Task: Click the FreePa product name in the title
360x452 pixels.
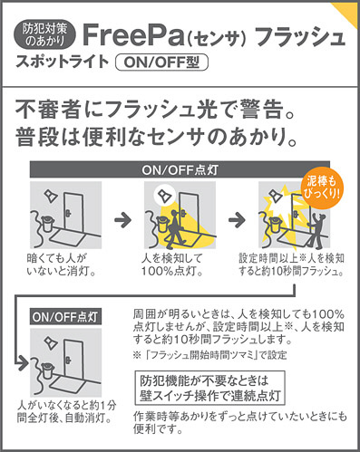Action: click(133, 35)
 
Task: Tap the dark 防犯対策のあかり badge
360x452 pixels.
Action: click(44, 35)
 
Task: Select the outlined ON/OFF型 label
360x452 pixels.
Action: click(162, 63)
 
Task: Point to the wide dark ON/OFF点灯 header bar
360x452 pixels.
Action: click(180, 169)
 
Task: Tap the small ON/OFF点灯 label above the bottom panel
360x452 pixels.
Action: click(65, 317)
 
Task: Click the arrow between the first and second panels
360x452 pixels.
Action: click(122, 219)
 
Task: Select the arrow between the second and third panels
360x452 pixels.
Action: click(237, 219)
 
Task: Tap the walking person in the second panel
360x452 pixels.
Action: click(174, 227)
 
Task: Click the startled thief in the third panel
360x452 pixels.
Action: click(316, 228)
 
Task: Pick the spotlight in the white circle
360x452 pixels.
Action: click(165, 195)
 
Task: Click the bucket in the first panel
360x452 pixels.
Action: click(48, 224)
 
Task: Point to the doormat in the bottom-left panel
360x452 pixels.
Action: click(67, 384)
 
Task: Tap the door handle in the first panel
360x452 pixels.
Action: click(69, 214)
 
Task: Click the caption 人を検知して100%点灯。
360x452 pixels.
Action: click(172, 264)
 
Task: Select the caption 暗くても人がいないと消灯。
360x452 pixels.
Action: click(62, 264)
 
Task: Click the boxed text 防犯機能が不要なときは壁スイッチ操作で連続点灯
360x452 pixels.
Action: click(210, 388)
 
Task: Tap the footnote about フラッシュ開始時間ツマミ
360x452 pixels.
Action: click(209, 355)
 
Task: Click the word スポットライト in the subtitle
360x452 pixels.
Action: click(63, 62)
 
